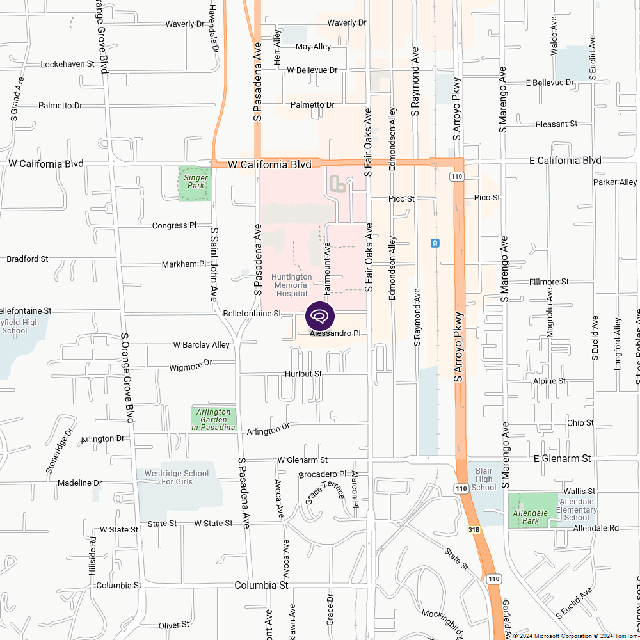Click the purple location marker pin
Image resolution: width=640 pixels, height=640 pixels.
point(320,316)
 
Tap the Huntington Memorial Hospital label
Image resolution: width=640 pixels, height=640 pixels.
point(291,285)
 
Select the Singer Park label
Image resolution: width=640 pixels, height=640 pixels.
point(194,182)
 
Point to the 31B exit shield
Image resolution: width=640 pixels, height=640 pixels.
point(474,531)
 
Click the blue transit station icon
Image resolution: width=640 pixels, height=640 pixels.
point(435,243)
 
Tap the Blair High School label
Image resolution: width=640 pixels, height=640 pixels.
point(484,479)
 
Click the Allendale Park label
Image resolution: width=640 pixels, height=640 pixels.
point(531,517)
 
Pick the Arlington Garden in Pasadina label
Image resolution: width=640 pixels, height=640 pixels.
point(214,419)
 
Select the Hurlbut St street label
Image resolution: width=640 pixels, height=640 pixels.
point(303,373)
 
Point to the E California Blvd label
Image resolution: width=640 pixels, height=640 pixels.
point(565,161)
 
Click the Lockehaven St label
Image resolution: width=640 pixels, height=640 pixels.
point(67,65)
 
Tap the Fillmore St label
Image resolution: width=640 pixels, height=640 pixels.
point(549,282)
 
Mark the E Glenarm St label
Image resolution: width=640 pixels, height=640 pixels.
point(563,459)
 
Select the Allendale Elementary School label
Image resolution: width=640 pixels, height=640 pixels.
point(577,509)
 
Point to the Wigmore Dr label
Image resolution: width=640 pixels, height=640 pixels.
point(191,366)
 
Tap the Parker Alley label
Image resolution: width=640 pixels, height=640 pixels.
point(615,182)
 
